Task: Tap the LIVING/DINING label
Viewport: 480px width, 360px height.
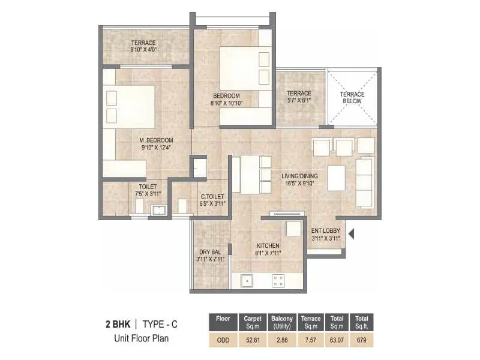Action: [x=299, y=176]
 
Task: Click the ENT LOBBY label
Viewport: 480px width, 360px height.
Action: [x=325, y=230]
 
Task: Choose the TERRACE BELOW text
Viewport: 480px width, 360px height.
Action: [x=353, y=98]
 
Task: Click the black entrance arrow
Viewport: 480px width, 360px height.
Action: [x=352, y=233]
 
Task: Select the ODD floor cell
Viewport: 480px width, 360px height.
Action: [x=223, y=340]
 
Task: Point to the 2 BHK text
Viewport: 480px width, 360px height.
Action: [x=118, y=325]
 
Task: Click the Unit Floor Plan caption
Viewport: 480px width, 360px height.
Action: [x=142, y=338]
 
